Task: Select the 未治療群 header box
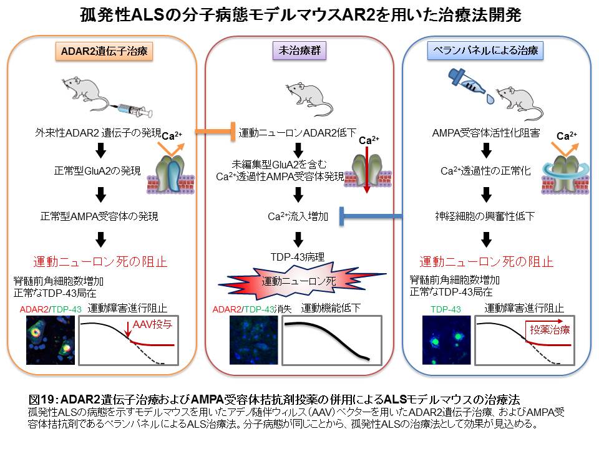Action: [x=299, y=51]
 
